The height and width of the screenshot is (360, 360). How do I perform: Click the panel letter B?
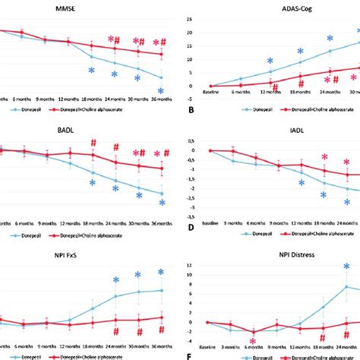point(191,109)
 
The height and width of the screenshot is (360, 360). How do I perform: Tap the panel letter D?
point(191,227)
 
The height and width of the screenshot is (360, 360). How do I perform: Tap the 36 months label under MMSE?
point(160,99)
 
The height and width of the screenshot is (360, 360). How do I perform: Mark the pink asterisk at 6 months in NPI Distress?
point(254,343)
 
